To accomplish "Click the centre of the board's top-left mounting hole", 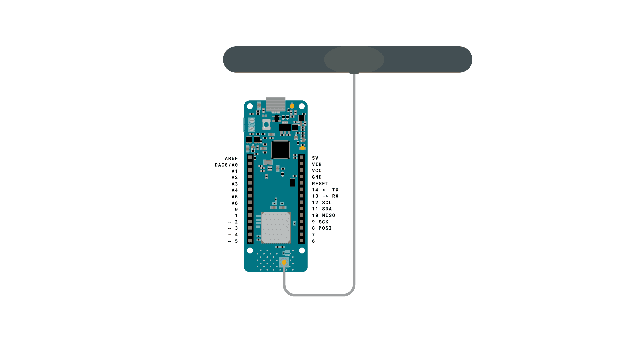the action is point(250,106).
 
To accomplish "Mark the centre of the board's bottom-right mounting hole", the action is point(302,250).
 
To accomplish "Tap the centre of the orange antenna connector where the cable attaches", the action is point(284,262).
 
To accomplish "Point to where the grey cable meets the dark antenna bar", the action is point(354,72).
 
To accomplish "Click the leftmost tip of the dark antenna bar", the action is point(223,59).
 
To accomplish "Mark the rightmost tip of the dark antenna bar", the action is point(472,59).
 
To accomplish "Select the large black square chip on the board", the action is point(280,150).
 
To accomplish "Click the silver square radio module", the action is point(276,227).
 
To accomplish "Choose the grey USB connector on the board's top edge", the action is point(276,104).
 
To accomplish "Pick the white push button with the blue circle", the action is point(266,125).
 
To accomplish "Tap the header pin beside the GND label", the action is point(302,177).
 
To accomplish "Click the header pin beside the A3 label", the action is point(250,183).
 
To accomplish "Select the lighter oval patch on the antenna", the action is point(354,59).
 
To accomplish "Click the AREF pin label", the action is point(231,158).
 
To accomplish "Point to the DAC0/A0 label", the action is point(226,165).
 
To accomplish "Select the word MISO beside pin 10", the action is point(329,215).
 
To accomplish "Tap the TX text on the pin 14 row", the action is point(335,190).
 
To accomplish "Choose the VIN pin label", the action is point(317,164).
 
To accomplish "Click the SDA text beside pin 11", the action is point(327,209).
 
